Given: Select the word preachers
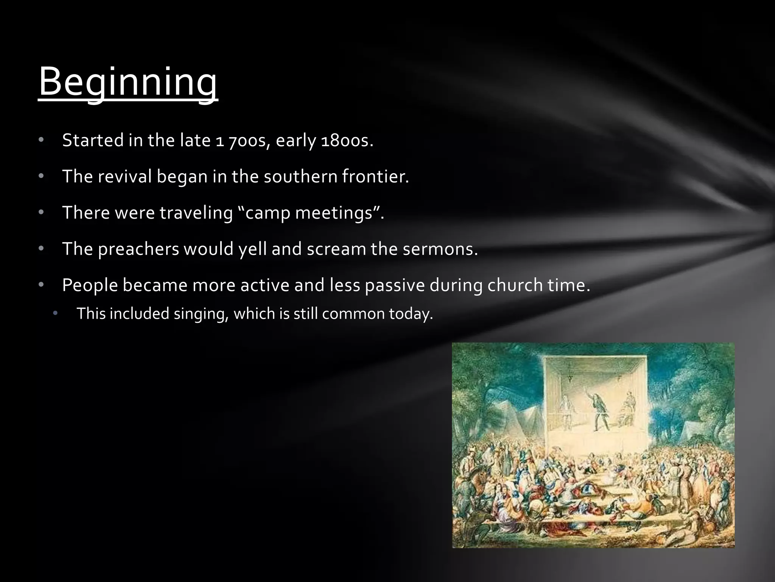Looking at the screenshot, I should click(x=138, y=249).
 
